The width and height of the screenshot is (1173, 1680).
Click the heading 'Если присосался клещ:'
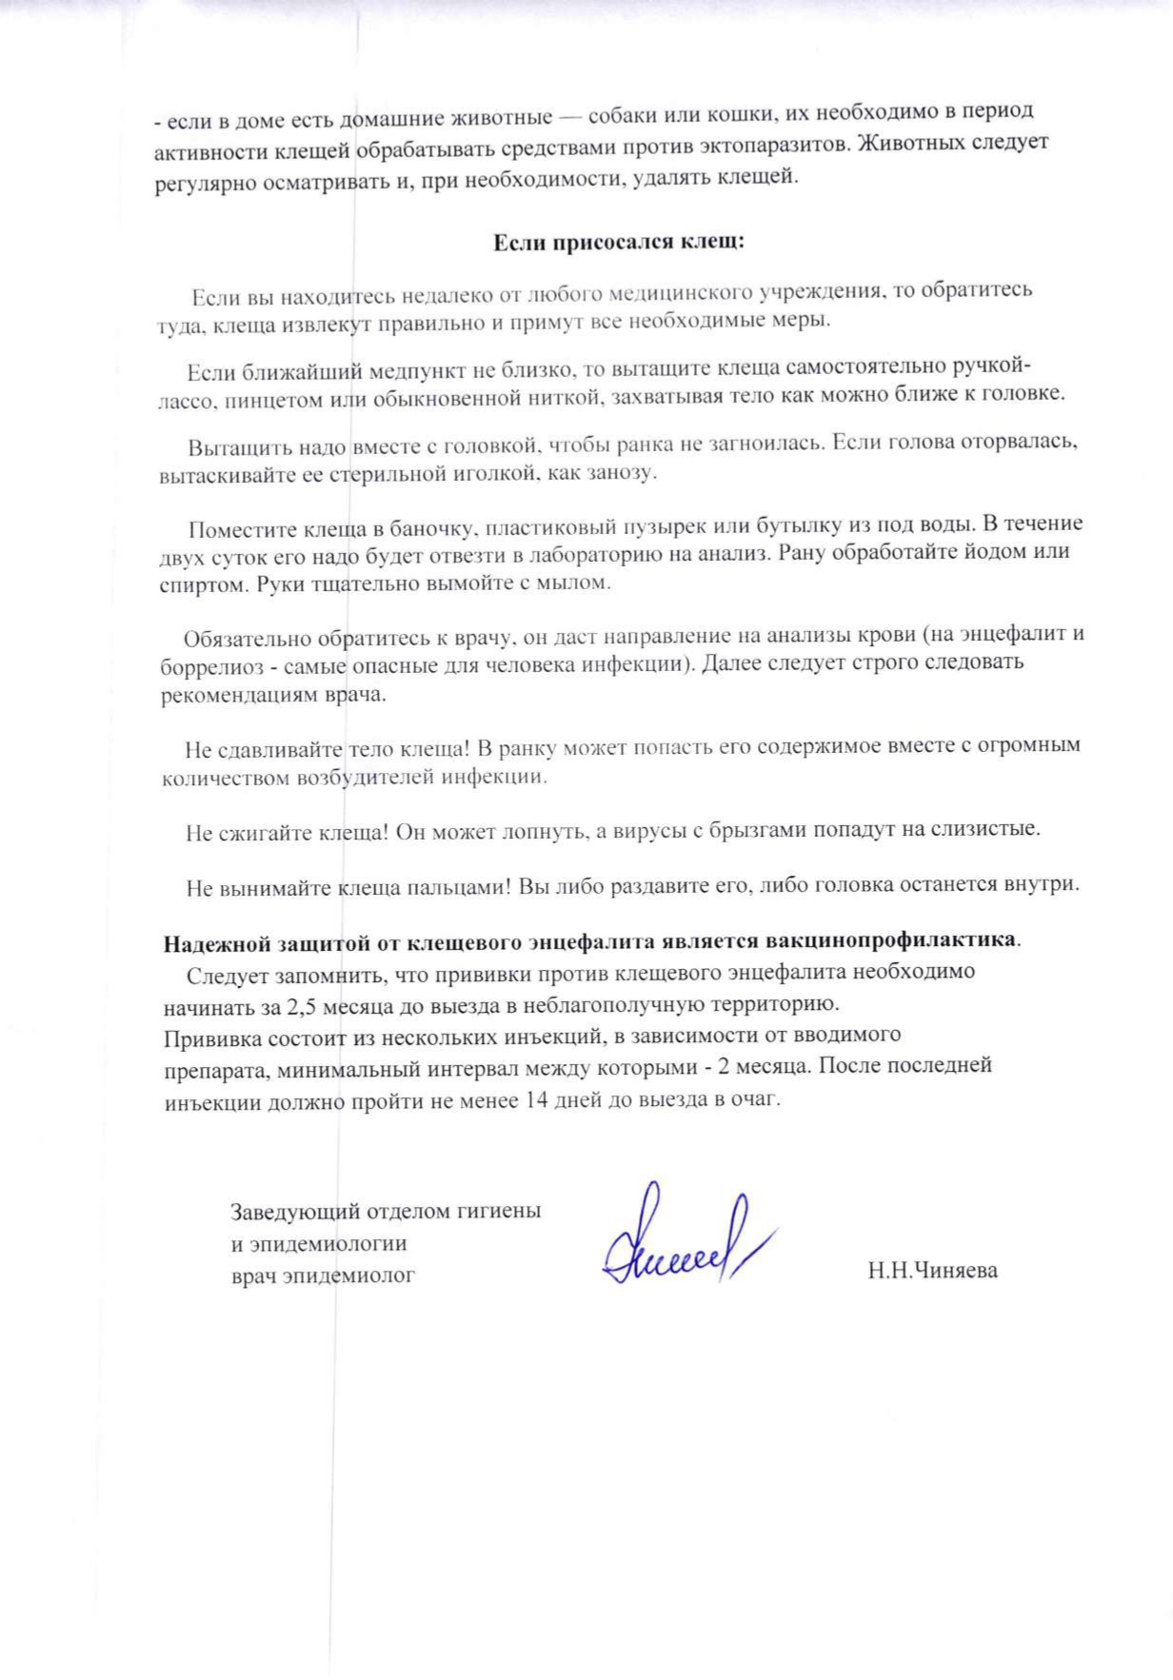(618, 242)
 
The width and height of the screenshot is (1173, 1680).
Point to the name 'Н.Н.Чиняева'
(932, 1271)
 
